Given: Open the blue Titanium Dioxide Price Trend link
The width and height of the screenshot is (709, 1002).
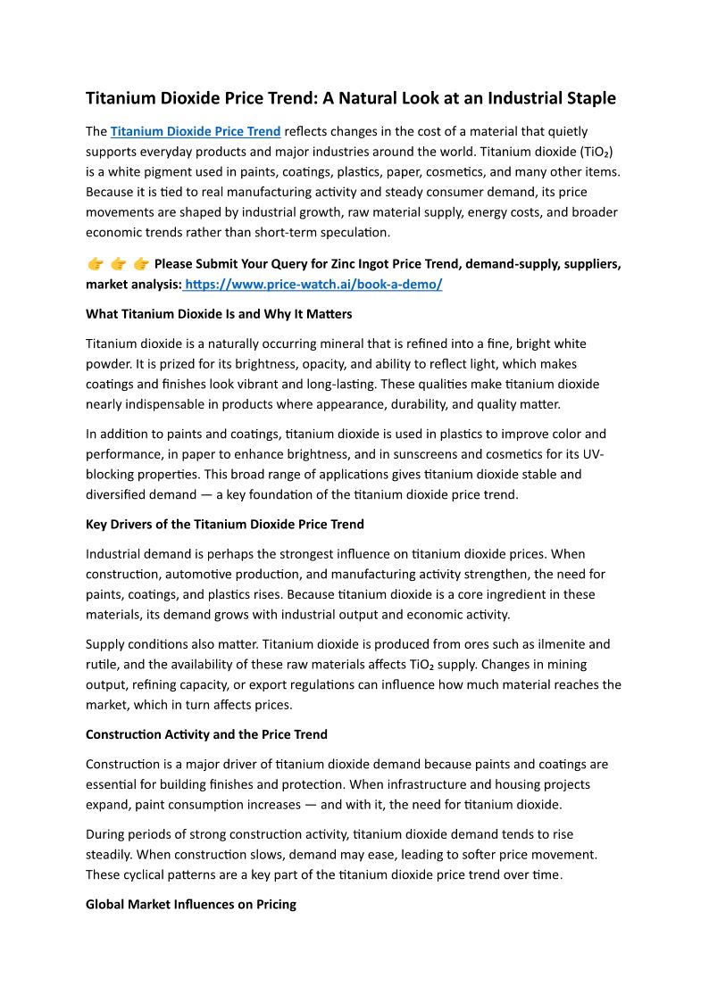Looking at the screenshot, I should tap(196, 131).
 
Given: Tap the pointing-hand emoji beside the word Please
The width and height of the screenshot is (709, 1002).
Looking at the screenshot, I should tap(140, 264).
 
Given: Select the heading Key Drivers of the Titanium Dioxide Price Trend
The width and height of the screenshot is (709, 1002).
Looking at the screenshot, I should tap(225, 524).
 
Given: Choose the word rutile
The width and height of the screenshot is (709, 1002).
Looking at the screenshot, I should tap(101, 664).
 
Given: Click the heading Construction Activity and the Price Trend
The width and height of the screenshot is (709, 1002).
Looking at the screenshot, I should tap(206, 734).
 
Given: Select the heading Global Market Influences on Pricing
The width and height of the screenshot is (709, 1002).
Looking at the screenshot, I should tap(191, 905).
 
